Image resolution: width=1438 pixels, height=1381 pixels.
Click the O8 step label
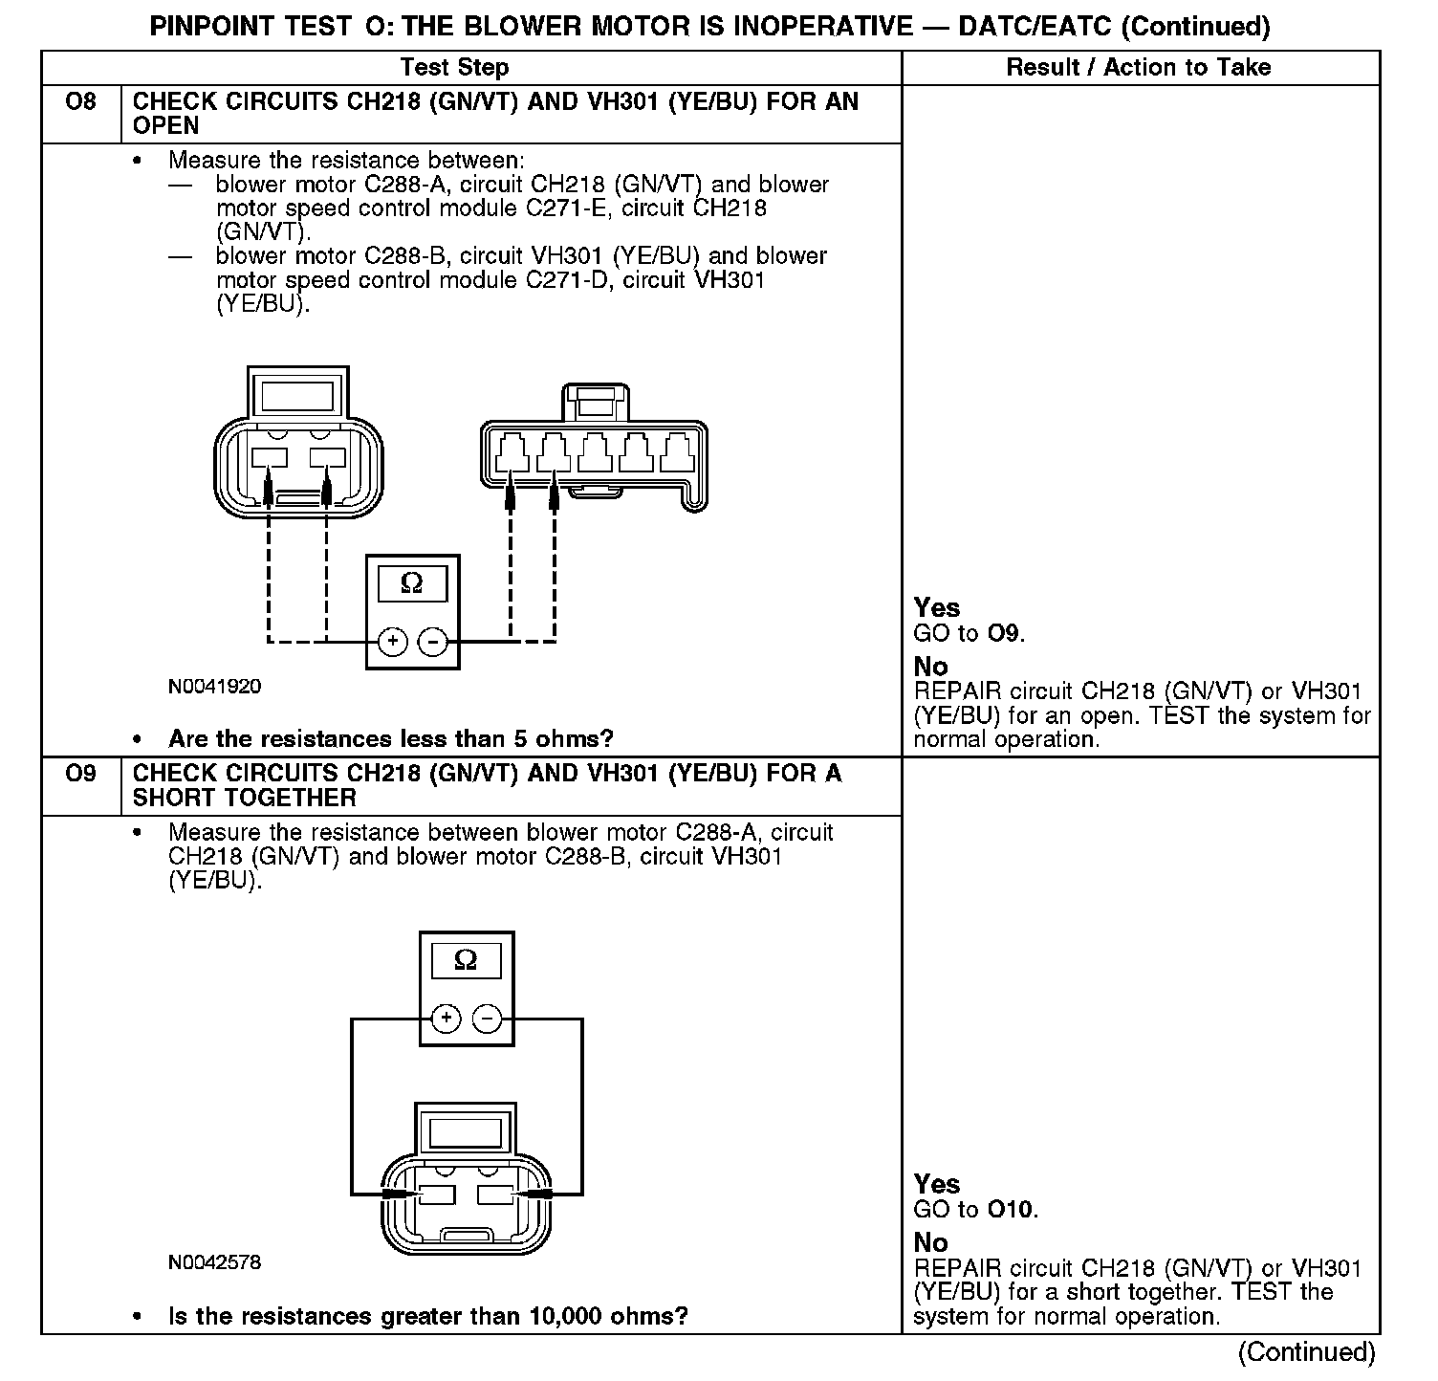tap(80, 101)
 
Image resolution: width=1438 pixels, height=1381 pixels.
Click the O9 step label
tap(80, 773)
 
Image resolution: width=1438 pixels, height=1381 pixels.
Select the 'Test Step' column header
tap(454, 67)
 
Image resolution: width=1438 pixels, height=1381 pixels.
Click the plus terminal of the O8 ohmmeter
tap(392, 642)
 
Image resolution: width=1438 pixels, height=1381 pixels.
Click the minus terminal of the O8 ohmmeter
tap(433, 642)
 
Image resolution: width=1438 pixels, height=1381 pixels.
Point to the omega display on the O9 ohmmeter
tap(466, 960)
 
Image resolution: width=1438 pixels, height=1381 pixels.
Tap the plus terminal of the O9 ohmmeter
tap(446, 1019)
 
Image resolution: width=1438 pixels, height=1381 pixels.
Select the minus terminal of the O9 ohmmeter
tap(488, 1019)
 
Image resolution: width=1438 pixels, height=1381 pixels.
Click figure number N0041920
tap(214, 687)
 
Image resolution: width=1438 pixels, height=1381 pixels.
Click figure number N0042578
tap(214, 1262)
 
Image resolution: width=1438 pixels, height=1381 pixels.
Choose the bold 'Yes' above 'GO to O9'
tap(936, 608)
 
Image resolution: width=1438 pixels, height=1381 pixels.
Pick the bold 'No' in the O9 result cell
tap(930, 1242)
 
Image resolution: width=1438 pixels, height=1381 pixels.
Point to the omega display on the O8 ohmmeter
tap(412, 583)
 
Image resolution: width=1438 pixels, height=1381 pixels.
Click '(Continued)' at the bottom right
tap(1306, 1352)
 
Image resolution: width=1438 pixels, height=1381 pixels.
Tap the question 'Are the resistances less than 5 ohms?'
tap(390, 738)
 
